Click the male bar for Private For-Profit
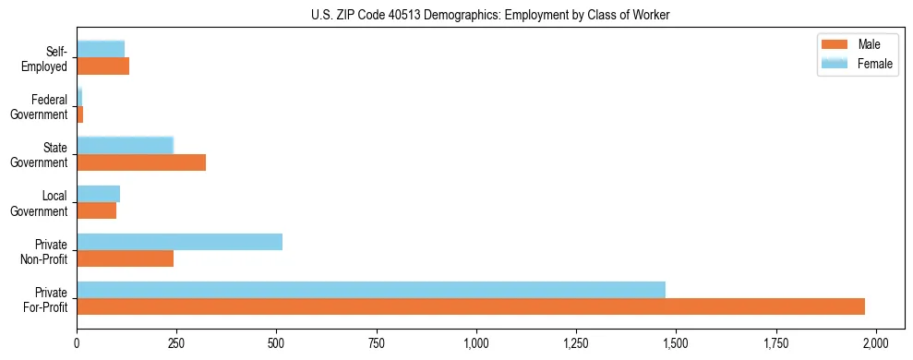(x=471, y=306)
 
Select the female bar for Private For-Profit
(x=371, y=290)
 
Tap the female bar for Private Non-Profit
(x=179, y=242)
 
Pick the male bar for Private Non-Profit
(x=125, y=258)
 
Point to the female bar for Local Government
(x=98, y=194)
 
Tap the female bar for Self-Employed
(x=101, y=49)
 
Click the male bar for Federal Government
(x=80, y=114)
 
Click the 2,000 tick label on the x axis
(x=875, y=343)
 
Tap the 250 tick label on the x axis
(x=176, y=343)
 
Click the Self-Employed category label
(x=47, y=58)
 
